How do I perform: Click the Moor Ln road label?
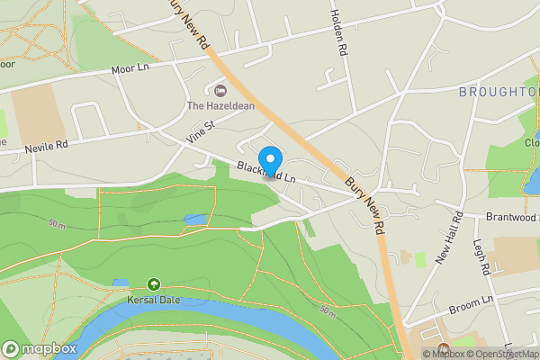(130, 68)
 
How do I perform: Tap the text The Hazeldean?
(220, 105)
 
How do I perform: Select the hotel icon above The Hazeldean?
(220, 90)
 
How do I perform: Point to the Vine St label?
(202, 130)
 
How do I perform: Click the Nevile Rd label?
(46, 144)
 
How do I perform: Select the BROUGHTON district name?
(498, 92)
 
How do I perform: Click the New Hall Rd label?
(448, 245)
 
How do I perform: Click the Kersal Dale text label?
(154, 299)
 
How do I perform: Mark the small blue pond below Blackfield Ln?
(194, 219)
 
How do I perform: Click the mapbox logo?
(40, 348)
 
